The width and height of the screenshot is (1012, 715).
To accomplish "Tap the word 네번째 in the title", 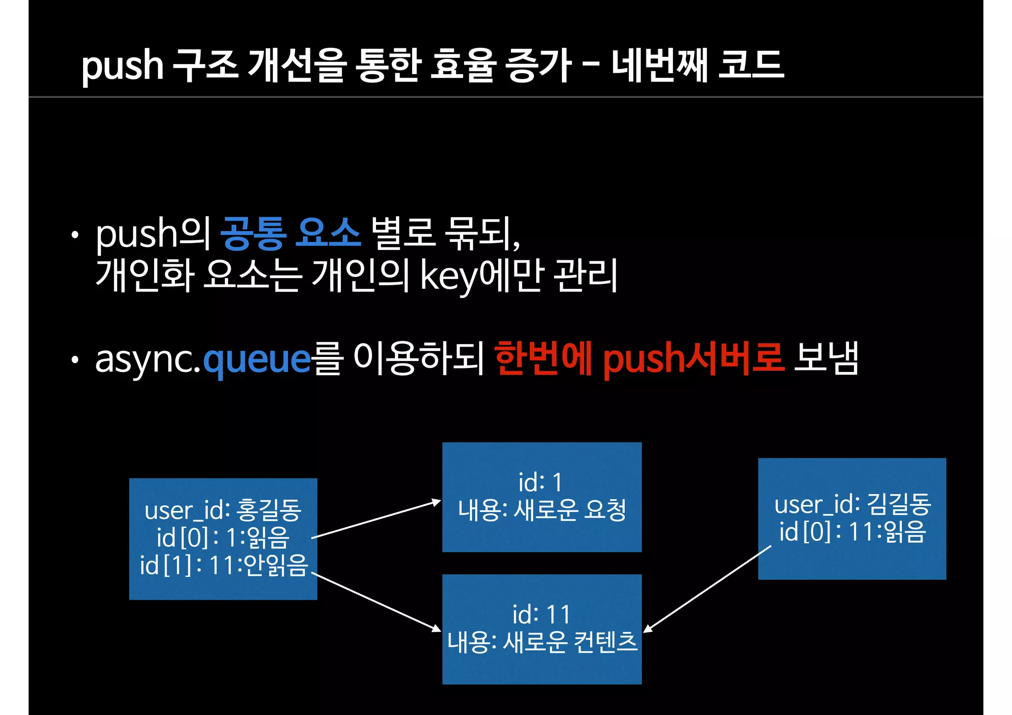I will [660, 65].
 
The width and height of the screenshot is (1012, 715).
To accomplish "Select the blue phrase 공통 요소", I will [291, 233].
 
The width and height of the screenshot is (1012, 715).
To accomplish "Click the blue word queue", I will [257, 359].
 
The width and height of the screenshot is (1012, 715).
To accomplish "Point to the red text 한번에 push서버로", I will [639, 358].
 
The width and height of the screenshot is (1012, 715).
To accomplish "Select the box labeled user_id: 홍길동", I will [223, 539].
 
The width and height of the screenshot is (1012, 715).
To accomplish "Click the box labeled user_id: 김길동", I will [852, 518].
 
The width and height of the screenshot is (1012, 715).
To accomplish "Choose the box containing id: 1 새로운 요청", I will [542, 497].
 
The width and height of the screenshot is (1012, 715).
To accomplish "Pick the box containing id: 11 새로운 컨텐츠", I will [542, 629].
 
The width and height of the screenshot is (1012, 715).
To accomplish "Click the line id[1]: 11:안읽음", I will [224, 566].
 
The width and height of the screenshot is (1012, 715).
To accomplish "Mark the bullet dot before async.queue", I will [75, 360].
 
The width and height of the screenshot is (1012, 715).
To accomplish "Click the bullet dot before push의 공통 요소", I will [75, 235].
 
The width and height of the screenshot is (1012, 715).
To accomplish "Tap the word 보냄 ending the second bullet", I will [826, 358].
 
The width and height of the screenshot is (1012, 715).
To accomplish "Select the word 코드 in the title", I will [751, 65].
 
